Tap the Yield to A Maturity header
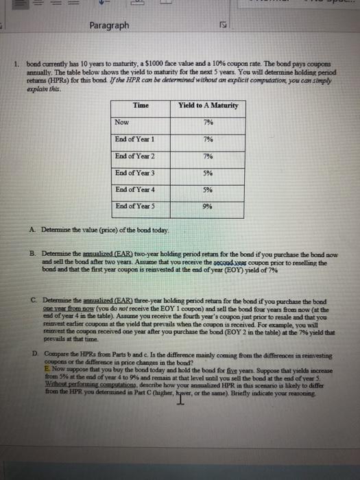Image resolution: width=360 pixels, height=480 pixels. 208,105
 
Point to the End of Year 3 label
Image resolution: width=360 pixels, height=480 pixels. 135,171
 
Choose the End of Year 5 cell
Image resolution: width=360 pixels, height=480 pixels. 135,204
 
